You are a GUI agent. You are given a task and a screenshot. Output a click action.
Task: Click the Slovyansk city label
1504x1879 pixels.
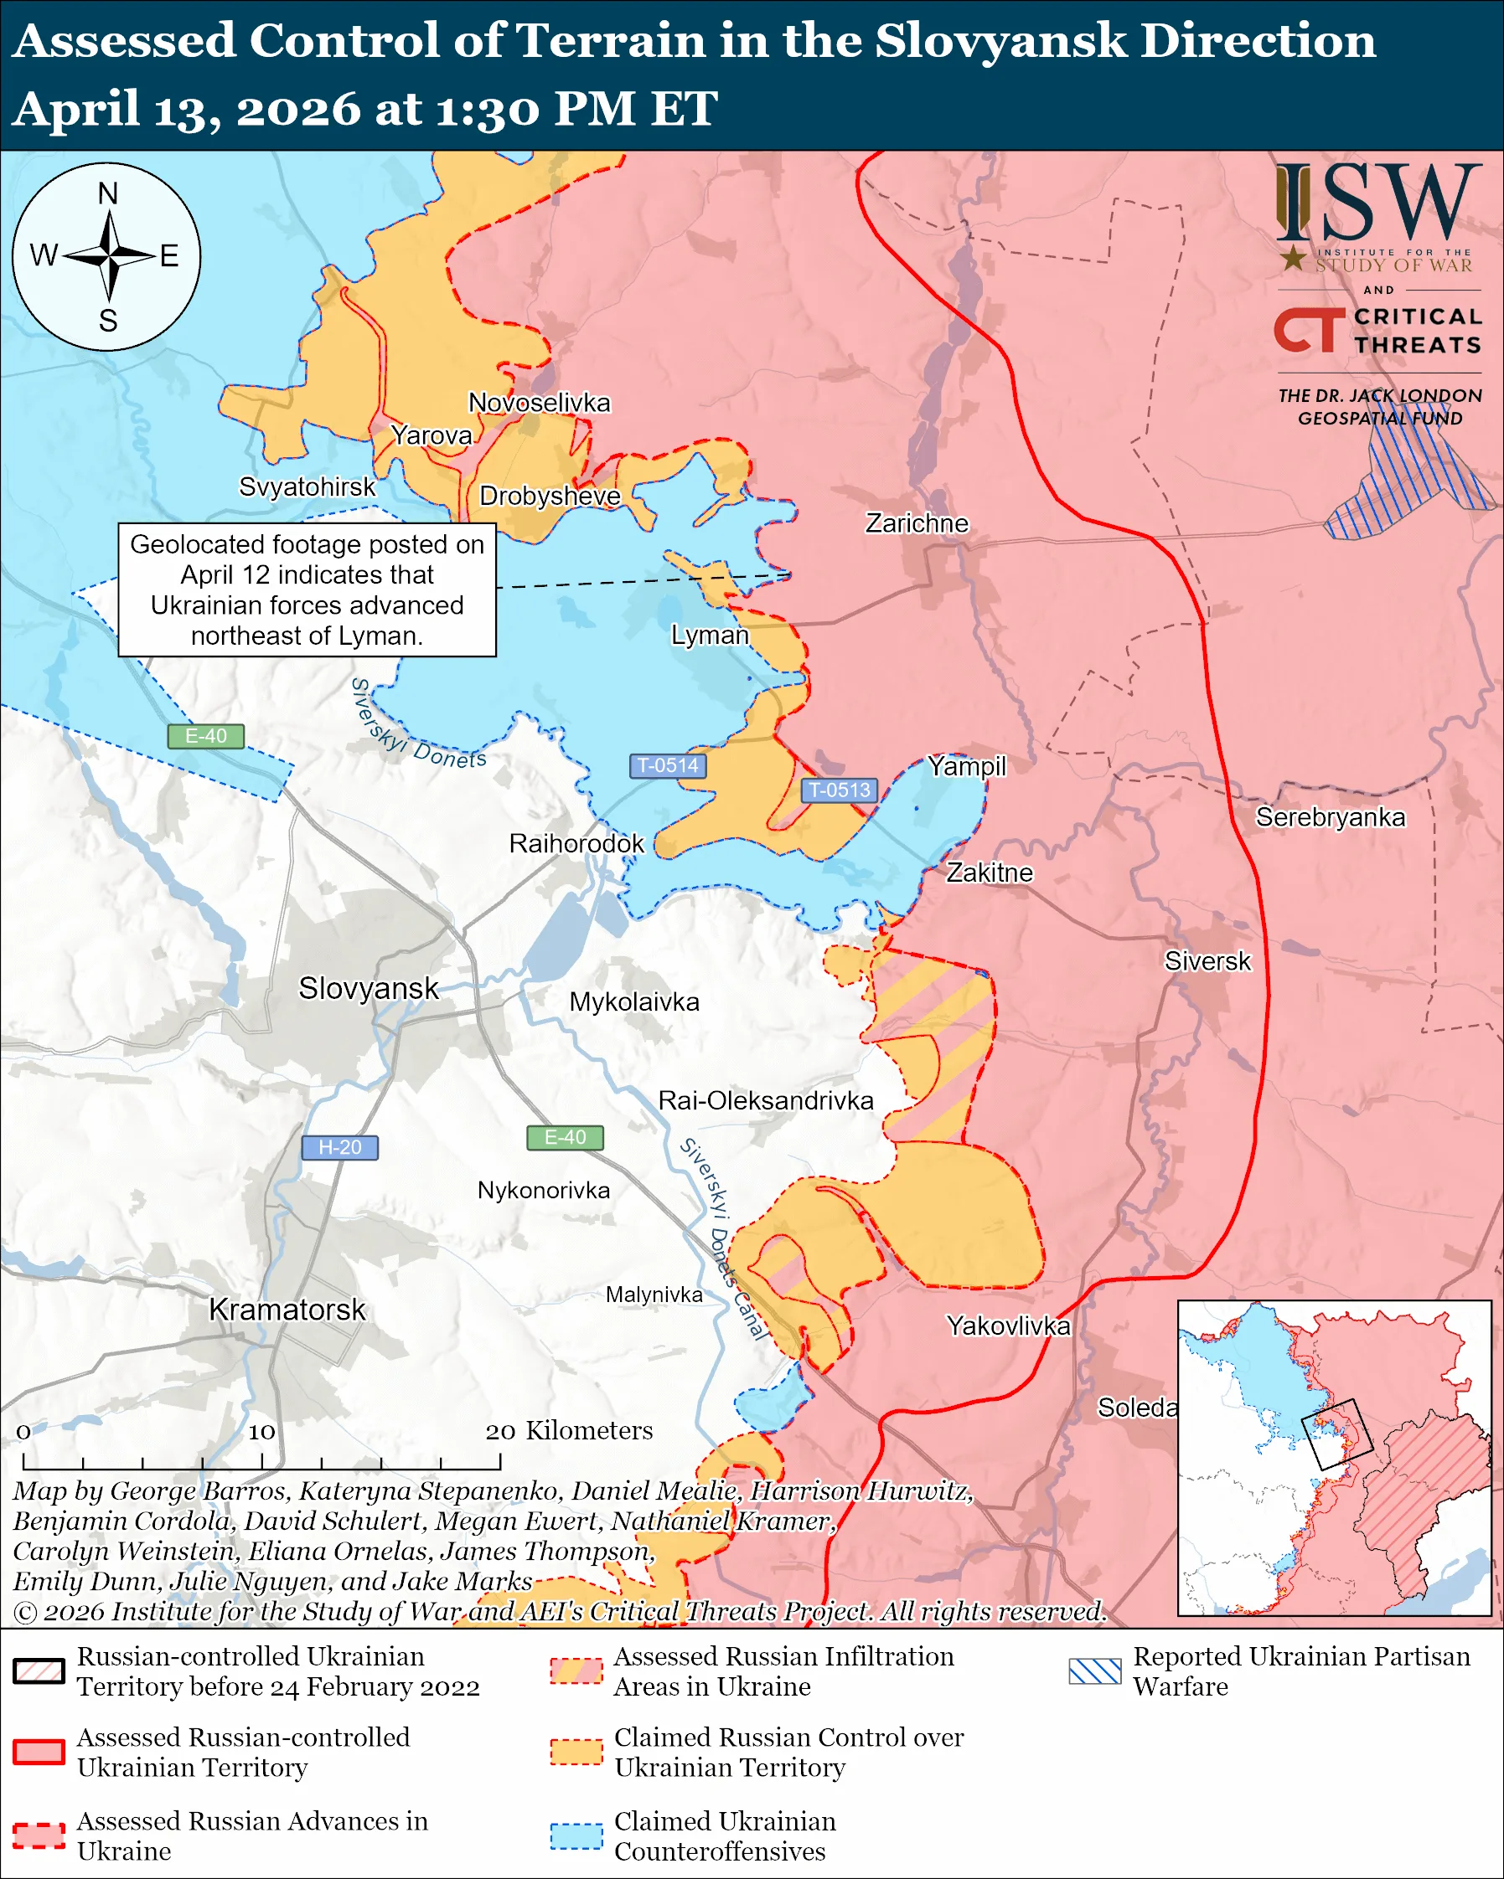click(368, 988)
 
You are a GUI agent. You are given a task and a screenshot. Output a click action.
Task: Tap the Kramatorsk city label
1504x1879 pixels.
click(287, 1309)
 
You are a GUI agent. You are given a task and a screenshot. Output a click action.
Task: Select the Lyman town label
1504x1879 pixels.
click(710, 635)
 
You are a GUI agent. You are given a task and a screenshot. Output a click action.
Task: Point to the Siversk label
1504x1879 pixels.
click(1207, 960)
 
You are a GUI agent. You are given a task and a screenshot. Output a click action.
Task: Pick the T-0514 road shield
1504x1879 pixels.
click(667, 765)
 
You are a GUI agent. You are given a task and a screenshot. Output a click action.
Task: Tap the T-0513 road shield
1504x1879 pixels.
click(839, 790)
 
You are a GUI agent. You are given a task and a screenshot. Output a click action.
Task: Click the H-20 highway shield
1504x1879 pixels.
click(339, 1147)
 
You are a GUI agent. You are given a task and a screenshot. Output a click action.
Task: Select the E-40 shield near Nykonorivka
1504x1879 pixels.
click(565, 1137)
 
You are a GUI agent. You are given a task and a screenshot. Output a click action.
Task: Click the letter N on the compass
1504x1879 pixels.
click(107, 193)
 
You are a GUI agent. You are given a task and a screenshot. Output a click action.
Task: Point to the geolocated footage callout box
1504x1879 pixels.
click(307, 590)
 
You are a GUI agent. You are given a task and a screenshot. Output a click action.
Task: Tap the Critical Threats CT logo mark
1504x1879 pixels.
click(1309, 329)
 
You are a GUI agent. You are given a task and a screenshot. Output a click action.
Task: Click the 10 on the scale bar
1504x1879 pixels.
click(261, 1432)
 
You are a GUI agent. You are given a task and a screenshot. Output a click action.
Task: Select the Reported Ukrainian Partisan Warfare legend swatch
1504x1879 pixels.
click(1094, 1671)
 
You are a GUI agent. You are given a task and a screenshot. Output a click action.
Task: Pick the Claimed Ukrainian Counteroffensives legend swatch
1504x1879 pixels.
click(576, 1835)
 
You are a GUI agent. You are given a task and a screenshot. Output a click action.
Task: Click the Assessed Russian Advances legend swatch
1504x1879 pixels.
click(39, 1835)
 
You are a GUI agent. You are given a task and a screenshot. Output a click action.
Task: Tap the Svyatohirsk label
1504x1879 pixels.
click(307, 486)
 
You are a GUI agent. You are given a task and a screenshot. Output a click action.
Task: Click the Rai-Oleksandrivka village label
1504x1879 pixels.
click(765, 1100)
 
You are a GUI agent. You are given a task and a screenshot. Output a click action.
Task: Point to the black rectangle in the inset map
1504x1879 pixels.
click(1336, 1434)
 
